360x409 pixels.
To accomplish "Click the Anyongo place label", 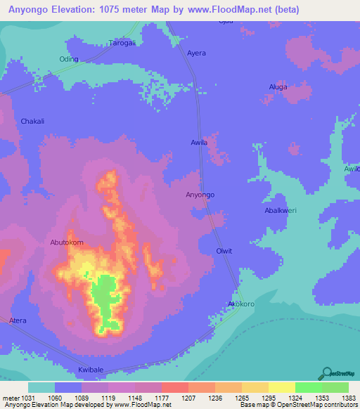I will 200,195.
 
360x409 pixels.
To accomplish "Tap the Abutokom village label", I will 67,242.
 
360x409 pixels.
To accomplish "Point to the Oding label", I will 69,59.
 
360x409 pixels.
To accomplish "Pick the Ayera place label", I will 197,53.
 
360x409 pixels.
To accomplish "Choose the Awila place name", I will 200,143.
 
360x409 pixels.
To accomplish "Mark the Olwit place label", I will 224,251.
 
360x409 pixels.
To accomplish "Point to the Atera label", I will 18,320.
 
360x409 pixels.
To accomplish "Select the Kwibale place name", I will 91,369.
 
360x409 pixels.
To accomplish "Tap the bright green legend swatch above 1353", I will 308,387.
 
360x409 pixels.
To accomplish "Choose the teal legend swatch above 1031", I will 41,387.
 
